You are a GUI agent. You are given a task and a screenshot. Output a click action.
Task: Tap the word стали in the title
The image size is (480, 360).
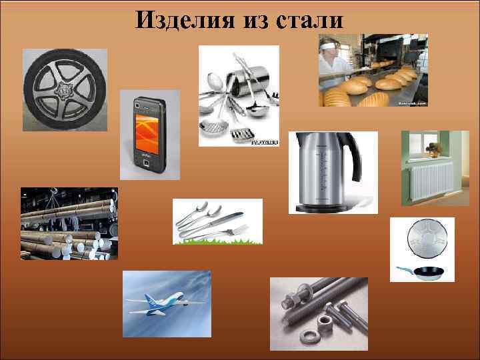(x=309, y=20)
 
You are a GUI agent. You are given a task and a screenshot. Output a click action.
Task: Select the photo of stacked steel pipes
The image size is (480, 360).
(x=69, y=223)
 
